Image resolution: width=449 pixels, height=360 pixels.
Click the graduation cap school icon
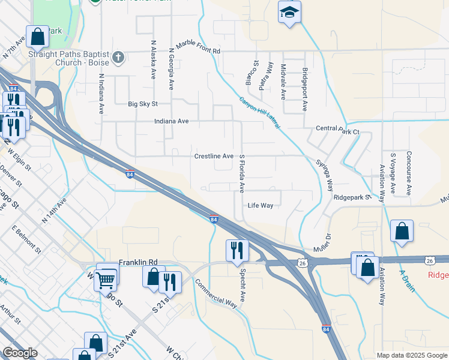click(289, 12)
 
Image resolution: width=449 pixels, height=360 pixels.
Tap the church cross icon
click(119, 58)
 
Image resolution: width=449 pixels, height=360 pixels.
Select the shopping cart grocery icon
click(106, 279)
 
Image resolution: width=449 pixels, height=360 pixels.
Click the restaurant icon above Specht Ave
click(237, 250)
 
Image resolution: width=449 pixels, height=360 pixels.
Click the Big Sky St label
click(142, 104)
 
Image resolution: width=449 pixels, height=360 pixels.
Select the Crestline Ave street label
click(214, 156)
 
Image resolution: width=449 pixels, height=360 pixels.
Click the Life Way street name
click(261, 205)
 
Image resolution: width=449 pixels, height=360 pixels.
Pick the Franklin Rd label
click(137, 262)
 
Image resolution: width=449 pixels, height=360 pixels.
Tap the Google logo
click(19, 353)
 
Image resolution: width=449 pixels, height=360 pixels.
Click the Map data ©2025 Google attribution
click(412, 355)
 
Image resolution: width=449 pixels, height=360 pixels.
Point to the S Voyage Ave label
click(393, 173)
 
